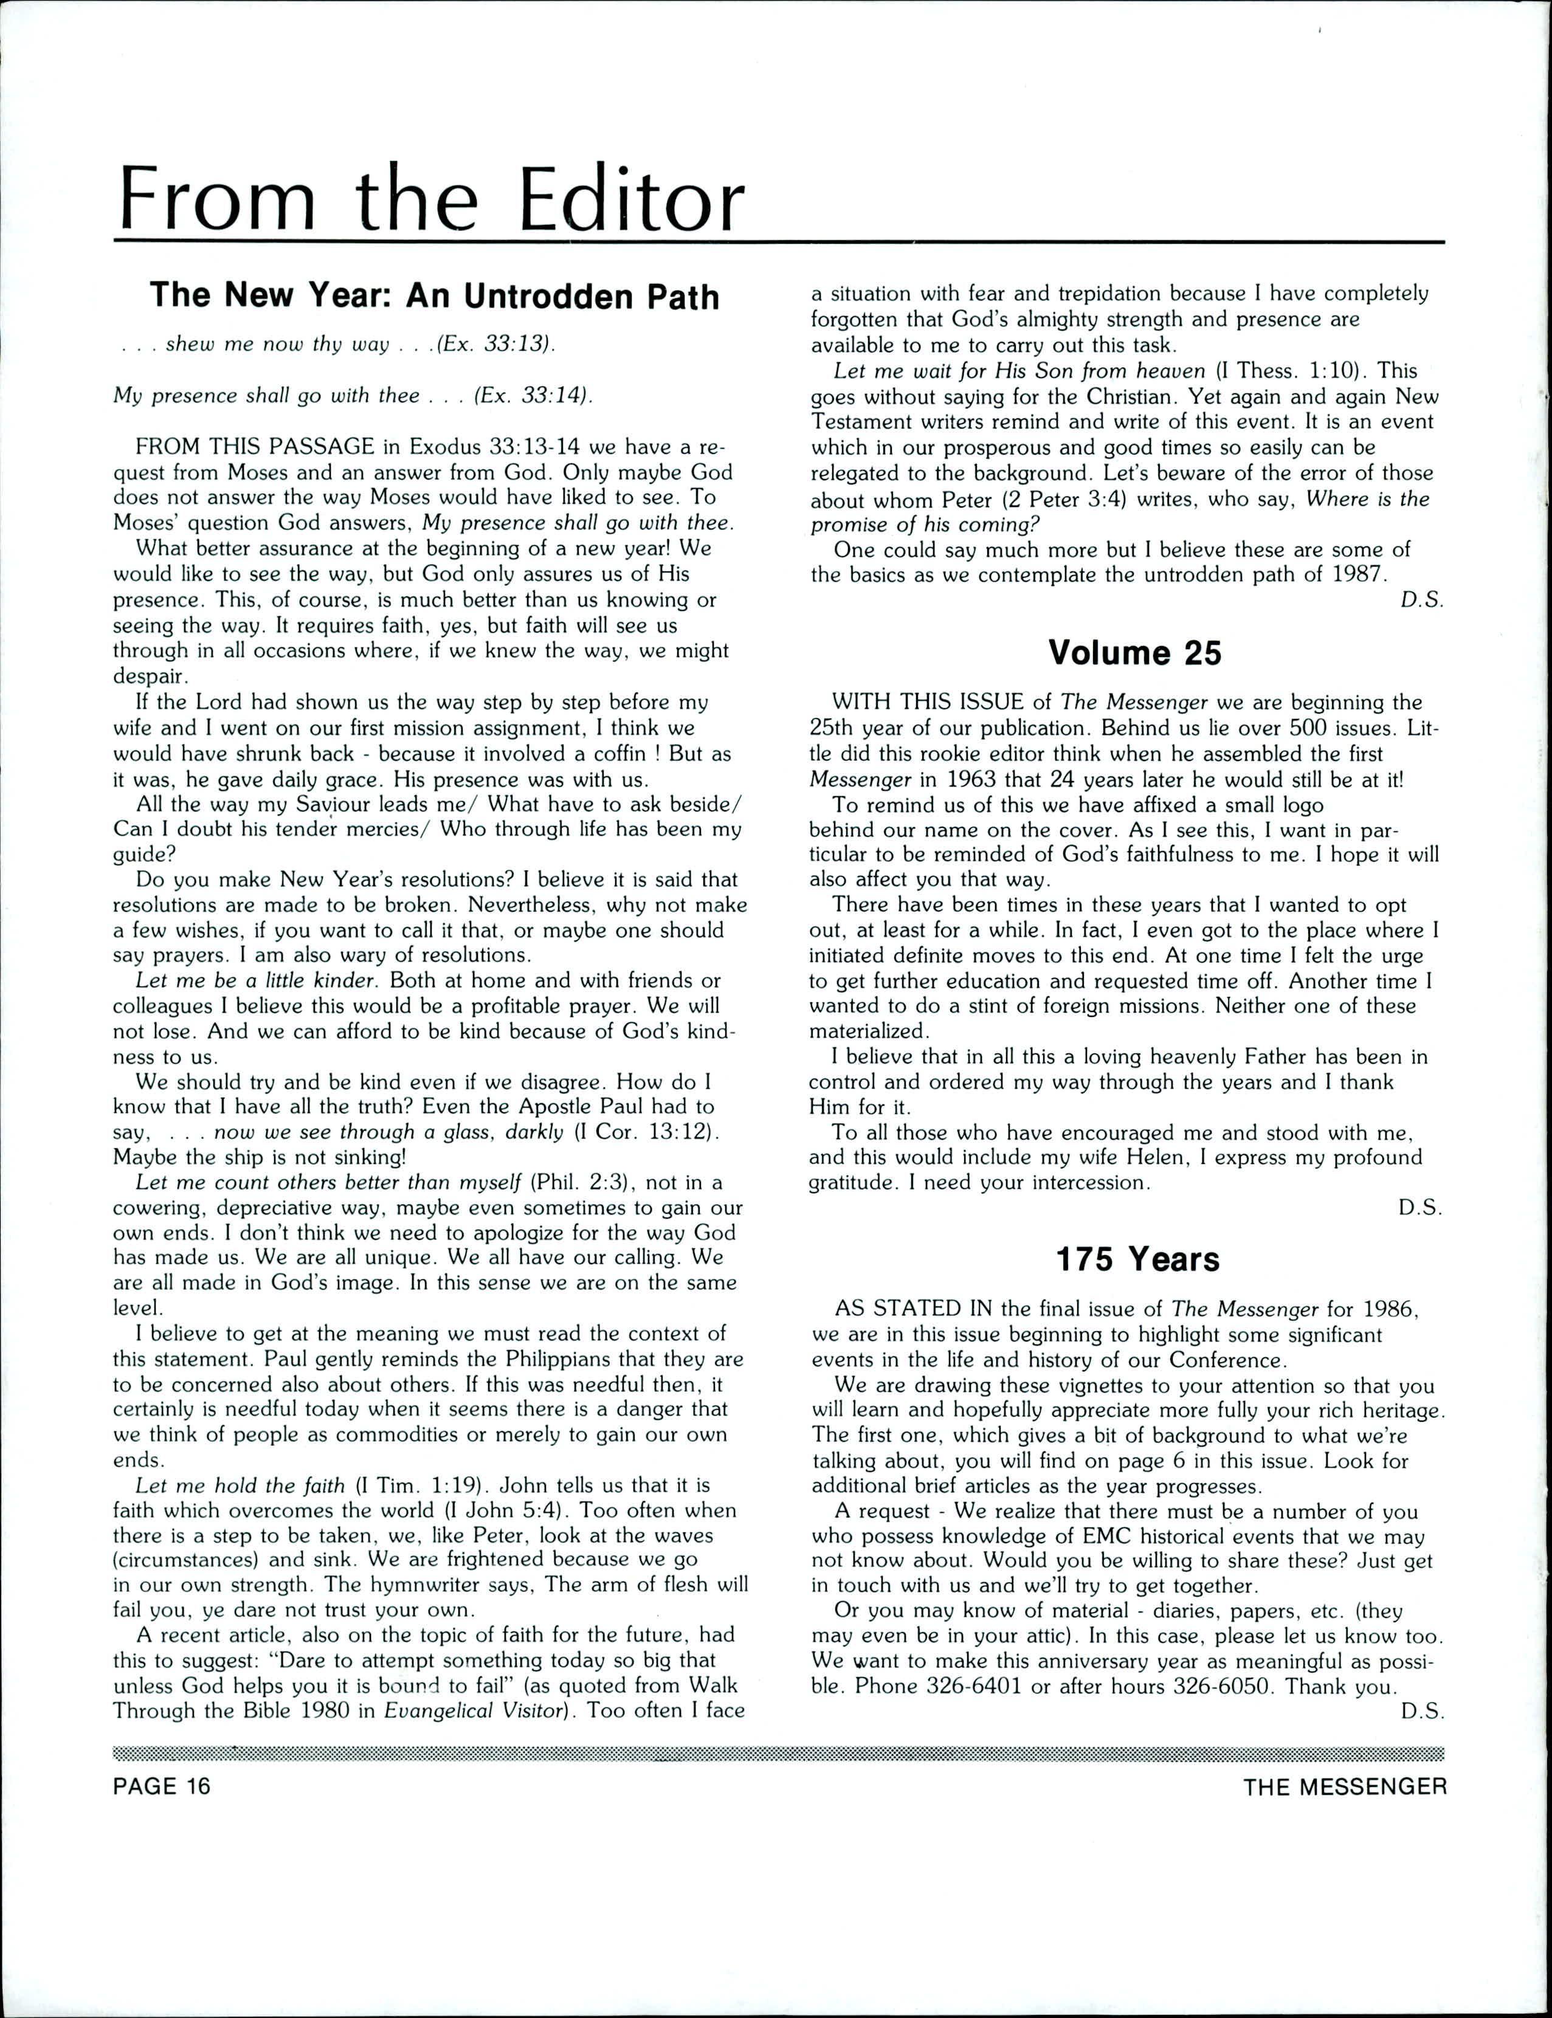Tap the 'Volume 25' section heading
(1134, 653)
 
